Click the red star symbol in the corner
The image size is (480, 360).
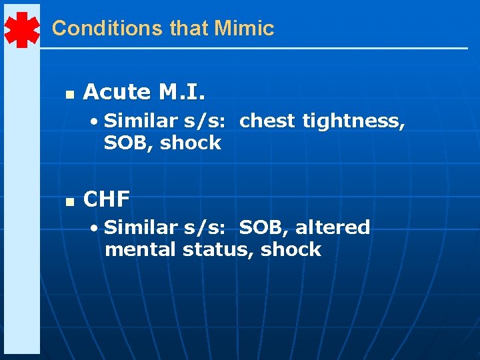(x=22, y=29)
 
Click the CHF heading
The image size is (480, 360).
(x=107, y=199)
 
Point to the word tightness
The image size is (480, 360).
(x=353, y=121)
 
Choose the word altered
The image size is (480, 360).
(x=333, y=227)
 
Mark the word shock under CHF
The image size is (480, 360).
(x=291, y=249)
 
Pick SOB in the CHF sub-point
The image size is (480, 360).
(x=262, y=227)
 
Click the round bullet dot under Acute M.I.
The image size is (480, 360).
(x=97, y=121)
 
